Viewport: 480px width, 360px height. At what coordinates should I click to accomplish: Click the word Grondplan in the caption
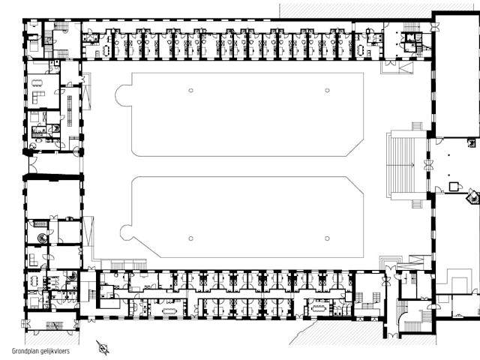tap(25, 351)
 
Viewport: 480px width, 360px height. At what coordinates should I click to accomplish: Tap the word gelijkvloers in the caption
tap(55, 351)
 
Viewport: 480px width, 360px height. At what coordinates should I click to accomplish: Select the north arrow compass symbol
tap(103, 348)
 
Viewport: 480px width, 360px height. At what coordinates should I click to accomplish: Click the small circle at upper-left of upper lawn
tap(190, 90)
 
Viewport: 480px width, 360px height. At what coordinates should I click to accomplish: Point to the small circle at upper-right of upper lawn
tap(327, 90)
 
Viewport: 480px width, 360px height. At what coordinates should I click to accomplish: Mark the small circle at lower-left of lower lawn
tap(190, 238)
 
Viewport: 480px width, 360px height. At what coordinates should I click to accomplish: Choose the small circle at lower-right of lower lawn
tap(327, 238)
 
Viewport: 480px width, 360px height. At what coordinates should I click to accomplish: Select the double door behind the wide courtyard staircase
tap(427, 165)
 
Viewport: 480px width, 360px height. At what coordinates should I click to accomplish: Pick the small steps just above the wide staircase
tap(417, 126)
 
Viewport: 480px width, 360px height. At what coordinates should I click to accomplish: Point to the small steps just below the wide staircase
tap(417, 204)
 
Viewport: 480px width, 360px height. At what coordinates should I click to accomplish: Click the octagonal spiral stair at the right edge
tap(473, 196)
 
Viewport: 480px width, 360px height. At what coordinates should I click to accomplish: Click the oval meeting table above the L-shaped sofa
tap(37, 82)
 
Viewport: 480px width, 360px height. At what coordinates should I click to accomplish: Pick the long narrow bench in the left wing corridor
tap(70, 111)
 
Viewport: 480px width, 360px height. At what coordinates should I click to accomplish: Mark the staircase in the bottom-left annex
tap(54, 325)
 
